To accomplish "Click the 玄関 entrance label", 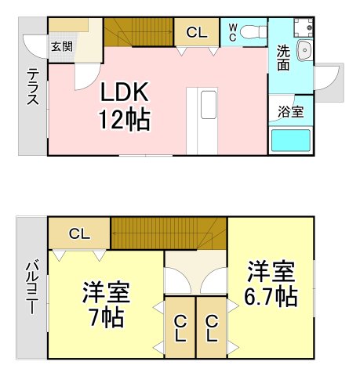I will [x=62, y=46].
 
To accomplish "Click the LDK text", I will [x=122, y=93].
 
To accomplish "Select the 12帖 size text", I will [x=123, y=120].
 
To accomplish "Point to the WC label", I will [x=233, y=32].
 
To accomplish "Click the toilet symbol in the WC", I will [x=252, y=32].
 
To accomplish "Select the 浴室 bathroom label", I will [x=290, y=112].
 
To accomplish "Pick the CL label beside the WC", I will [x=198, y=33].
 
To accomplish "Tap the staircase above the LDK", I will [x=139, y=31].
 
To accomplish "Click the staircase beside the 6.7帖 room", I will [x=169, y=233].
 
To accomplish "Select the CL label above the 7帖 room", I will [x=78, y=233].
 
